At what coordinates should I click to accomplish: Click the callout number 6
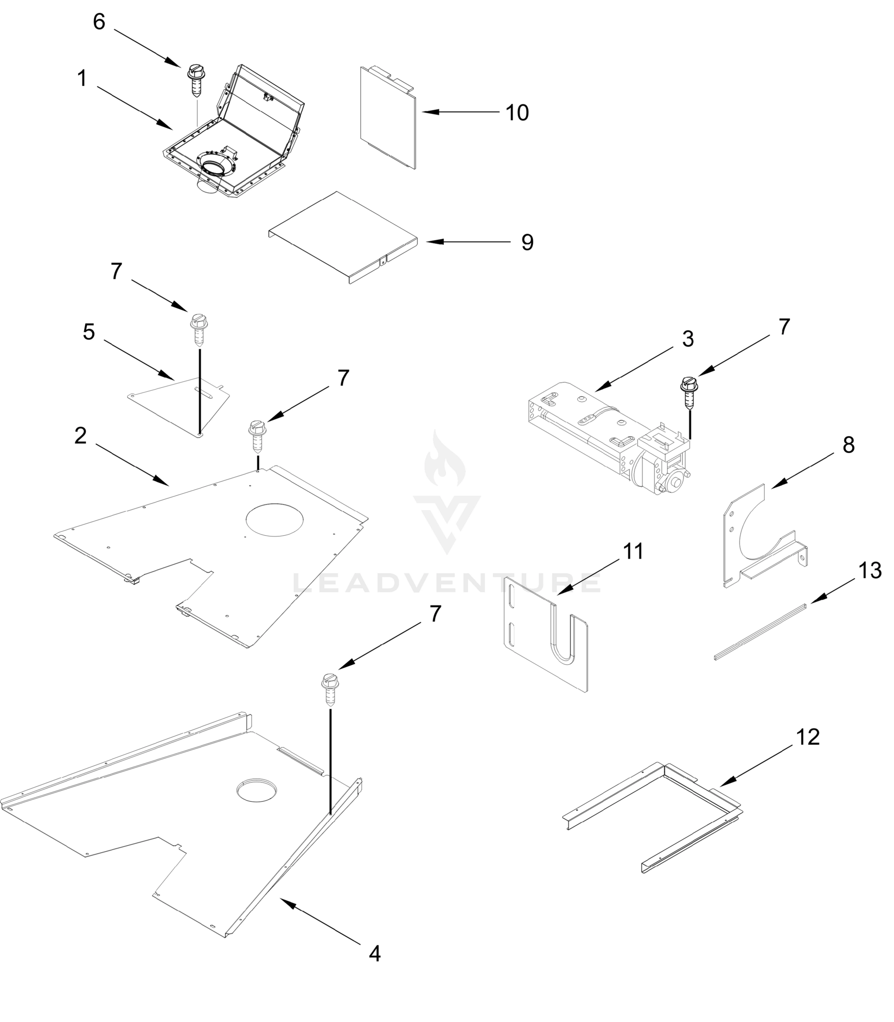[x=99, y=22]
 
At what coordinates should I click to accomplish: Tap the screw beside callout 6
[x=195, y=82]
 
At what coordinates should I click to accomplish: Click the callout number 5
[x=89, y=332]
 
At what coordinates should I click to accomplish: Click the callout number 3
[x=688, y=339]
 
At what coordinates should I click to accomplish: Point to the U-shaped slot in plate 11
[x=562, y=635]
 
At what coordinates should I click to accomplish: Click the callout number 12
[x=808, y=737]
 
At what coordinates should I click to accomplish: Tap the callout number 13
[x=870, y=571]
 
